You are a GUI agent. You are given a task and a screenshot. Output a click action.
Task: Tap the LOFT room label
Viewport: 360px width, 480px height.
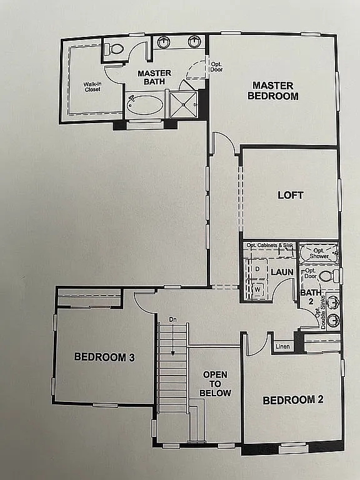290,195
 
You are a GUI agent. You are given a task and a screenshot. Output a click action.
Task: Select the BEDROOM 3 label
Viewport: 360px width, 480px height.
104,357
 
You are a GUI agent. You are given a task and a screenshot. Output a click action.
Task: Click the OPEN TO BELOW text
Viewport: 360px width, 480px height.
215,384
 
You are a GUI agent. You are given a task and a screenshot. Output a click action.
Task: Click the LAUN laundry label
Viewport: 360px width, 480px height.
282,272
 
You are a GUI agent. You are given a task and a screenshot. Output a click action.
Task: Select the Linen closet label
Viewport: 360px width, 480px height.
282,346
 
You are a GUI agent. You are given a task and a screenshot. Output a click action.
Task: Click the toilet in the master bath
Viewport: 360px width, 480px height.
114,49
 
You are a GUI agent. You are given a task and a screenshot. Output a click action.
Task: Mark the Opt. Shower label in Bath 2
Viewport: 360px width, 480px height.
319,253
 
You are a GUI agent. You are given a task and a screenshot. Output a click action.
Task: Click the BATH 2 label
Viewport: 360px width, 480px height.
307,297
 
